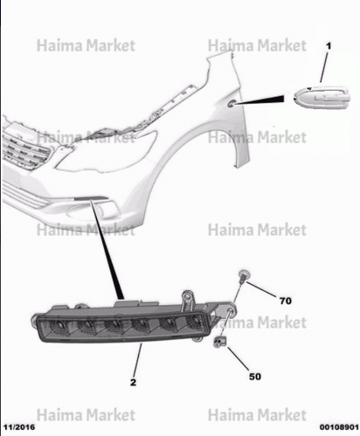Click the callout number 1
click(x=329, y=46)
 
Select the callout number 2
click(x=133, y=382)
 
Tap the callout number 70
click(x=286, y=301)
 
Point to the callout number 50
click(x=255, y=377)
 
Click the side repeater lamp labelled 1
click(x=322, y=98)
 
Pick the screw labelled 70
click(x=243, y=277)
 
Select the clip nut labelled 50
click(x=219, y=342)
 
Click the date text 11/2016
click(x=19, y=427)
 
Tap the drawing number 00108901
click(x=339, y=427)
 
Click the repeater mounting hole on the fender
click(x=232, y=103)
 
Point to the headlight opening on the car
click(x=107, y=151)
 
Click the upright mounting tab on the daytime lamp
click(x=188, y=301)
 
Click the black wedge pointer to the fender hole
click(x=259, y=100)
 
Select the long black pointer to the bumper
click(x=107, y=249)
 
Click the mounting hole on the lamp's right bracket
click(x=230, y=310)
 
